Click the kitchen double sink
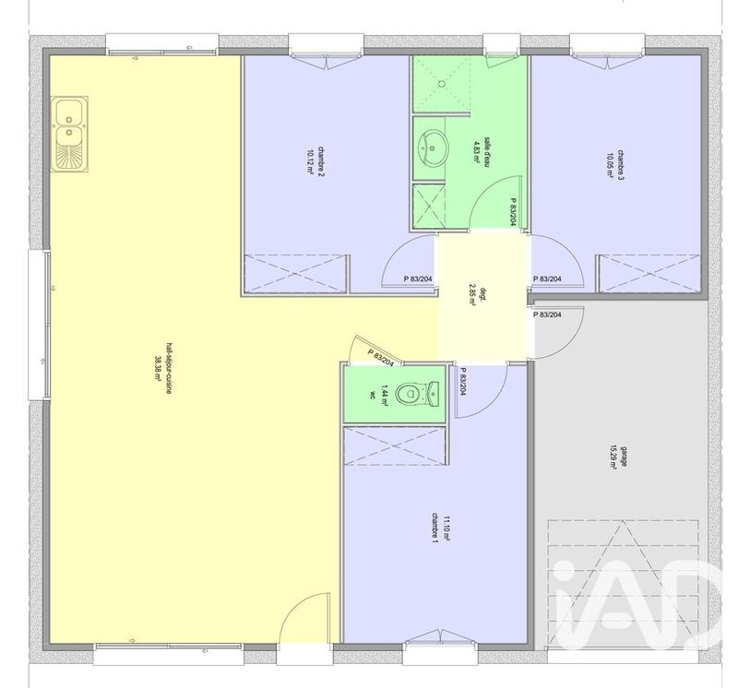(x=69, y=136)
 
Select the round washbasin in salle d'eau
(x=433, y=145)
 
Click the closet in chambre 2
(x=295, y=272)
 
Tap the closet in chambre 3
(x=646, y=273)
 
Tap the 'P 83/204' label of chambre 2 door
(x=418, y=279)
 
